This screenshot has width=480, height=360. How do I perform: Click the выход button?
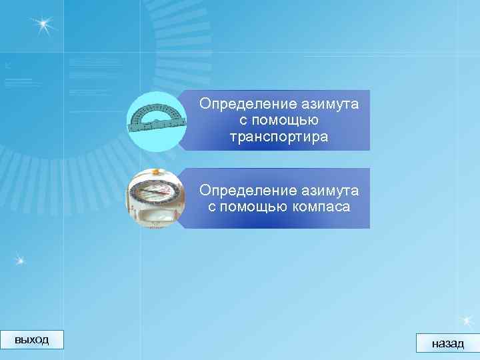[31, 339]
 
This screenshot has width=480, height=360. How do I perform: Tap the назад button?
[447, 343]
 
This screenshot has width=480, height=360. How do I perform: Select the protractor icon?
[156, 120]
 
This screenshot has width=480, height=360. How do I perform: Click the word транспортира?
[279, 137]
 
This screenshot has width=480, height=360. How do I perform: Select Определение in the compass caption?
[241, 191]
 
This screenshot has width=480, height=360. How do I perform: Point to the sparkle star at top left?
[43, 25]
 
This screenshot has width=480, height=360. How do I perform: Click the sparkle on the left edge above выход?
[20, 259]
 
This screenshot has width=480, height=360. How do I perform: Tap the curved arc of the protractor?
[157, 107]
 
